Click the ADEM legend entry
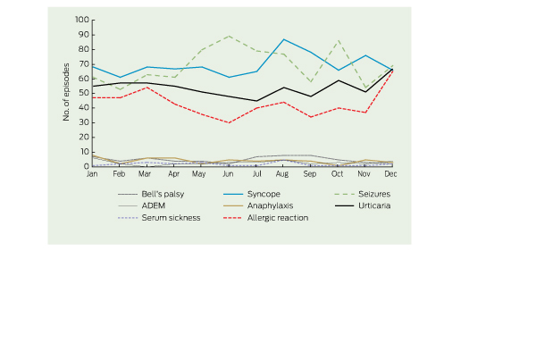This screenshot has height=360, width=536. coord(155,205)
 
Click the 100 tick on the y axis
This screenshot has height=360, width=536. coord(82,20)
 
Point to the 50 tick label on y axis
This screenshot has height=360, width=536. coord(84,93)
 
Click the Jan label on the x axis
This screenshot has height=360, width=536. coord(91,175)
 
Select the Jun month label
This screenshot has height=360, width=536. coord(229,175)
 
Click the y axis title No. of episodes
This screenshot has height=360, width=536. coord(67,93)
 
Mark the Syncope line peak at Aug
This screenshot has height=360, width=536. coord(283,39)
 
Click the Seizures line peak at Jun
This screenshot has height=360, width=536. coord(229,36)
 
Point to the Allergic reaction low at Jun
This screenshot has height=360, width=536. coord(229,122)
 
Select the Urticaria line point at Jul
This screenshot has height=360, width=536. coord(256,101)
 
